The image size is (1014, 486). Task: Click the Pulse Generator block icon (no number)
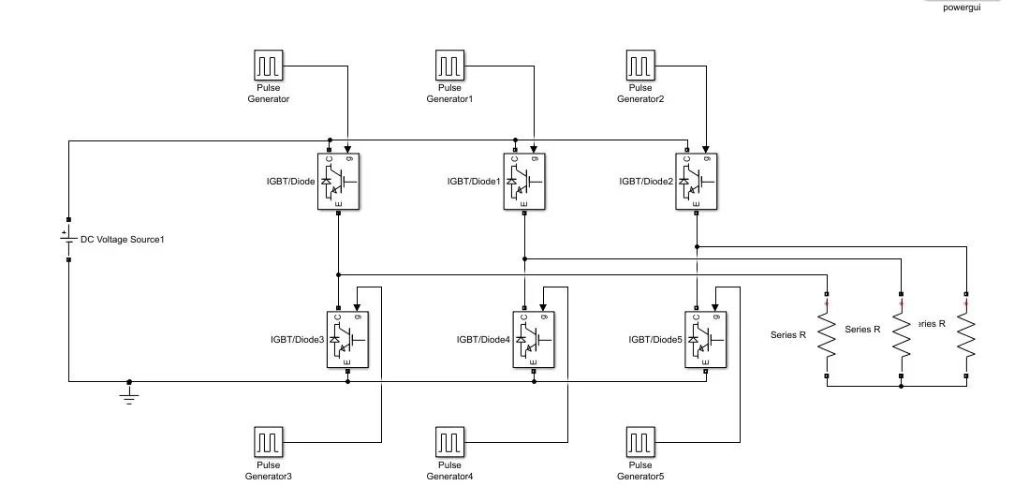[269, 66]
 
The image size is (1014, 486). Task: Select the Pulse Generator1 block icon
[450, 66]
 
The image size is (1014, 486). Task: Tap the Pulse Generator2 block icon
[640, 66]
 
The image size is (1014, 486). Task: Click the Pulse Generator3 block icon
[269, 441]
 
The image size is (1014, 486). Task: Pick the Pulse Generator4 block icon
[450, 441]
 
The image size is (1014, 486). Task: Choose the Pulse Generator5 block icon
[640, 441]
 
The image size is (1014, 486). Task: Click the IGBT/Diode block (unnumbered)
[339, 181]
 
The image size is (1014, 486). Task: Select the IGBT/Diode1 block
[525, 181]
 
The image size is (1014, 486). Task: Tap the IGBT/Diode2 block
[698, 181]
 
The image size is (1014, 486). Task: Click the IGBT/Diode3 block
[348, 338]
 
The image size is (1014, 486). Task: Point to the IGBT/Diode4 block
[535, 338]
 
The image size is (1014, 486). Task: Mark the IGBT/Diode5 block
[707, 338]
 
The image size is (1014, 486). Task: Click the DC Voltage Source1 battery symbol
[67, 240]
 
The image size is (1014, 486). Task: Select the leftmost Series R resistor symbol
[826, 333]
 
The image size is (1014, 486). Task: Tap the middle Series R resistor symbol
[901, 333]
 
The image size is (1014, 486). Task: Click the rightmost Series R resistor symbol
[966, 333]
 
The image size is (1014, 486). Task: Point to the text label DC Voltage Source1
[123, 240]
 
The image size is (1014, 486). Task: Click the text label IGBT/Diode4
[483, 339]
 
